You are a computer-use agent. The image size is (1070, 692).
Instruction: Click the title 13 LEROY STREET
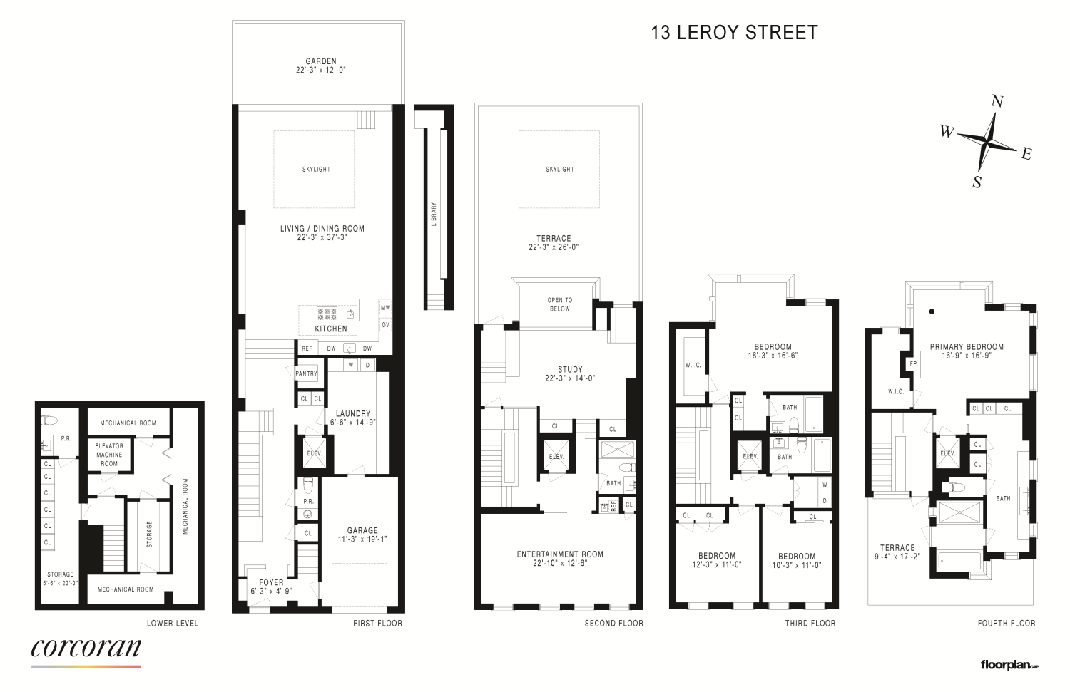click(734, 33)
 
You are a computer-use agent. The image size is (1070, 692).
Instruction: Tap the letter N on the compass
click(997, 101)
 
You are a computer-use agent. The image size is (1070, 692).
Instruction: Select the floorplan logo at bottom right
click(1009, 665)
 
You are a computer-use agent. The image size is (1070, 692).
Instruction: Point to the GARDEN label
click(321, 61)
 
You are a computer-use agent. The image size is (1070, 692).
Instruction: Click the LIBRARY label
click(434, 214)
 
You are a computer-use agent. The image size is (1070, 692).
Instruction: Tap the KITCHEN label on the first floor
click(331, 329)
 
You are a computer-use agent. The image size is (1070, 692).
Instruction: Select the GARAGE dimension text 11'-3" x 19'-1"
click(362, 539)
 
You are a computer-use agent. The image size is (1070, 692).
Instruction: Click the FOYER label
click(271, 582)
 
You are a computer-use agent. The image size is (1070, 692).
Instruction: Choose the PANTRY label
click(306, 373)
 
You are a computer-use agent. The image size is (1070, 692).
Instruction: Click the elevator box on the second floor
click(556, 456)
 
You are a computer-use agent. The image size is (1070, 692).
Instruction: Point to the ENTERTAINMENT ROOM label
click(560, 554)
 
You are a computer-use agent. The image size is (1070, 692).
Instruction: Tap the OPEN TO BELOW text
click(560, 304)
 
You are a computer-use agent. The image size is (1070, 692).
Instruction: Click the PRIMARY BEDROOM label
click(967, 347)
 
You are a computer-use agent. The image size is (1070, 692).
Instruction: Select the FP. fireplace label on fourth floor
click(913, 363)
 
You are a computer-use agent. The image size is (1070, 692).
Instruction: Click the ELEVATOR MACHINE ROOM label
click(109, 455)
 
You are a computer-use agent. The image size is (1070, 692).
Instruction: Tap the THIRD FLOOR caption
click(810, 624)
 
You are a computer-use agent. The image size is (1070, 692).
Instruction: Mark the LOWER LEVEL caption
click(173, 624)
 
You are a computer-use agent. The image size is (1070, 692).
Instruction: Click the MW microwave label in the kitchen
click(385, 308)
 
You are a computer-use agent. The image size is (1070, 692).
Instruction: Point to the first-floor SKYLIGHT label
click(316, 170)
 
